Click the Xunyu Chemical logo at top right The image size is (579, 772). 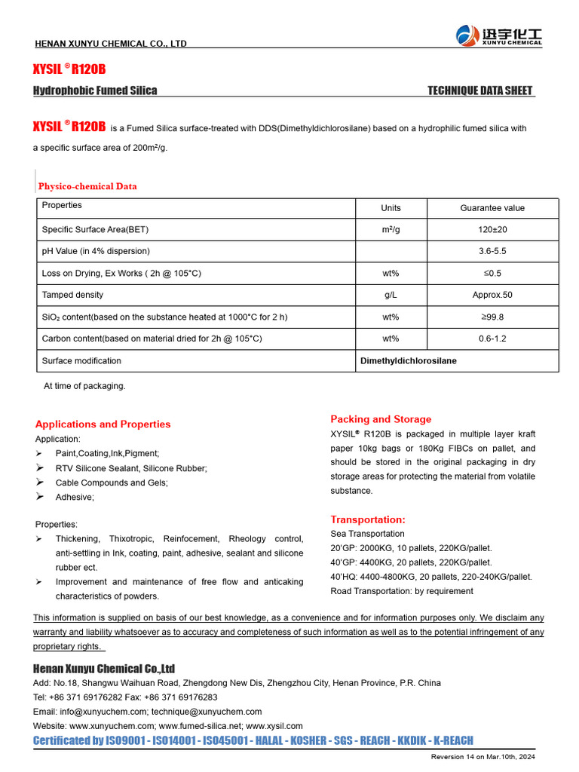498,35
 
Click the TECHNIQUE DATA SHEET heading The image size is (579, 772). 480,91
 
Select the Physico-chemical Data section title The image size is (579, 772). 87,186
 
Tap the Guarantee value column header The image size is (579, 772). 492,208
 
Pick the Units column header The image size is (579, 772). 391,208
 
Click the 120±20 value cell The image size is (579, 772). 492,229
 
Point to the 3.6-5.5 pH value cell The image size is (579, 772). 492,251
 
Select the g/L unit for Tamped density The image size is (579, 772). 391,295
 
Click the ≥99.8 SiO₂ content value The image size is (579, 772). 492,317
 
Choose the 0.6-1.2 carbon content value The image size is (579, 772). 492,339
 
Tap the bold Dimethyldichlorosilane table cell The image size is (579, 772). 408,361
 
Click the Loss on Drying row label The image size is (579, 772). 121,273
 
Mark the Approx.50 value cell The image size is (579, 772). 492,295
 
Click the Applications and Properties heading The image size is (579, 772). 103,424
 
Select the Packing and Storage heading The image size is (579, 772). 381,419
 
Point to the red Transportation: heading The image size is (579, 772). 368,519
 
